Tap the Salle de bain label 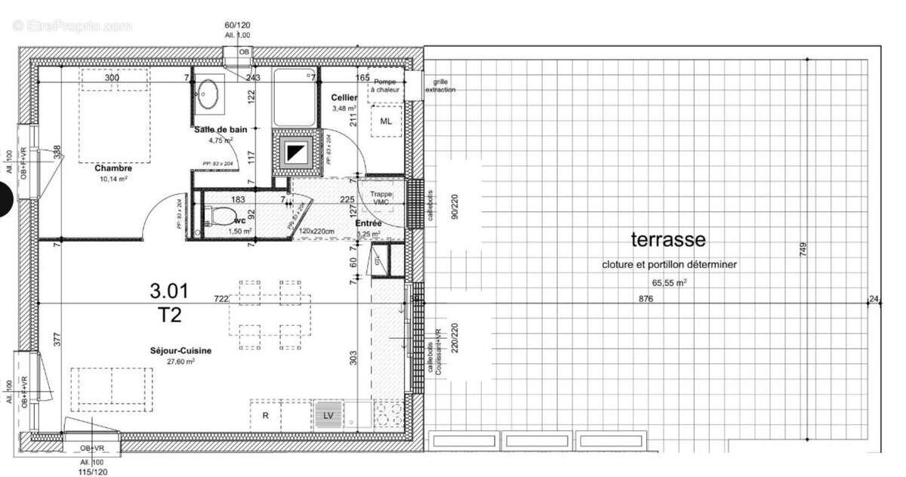(x=220, y=129)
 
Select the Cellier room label (x=344, y=98)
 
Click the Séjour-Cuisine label (x=180, y=351)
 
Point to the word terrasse (x=668, y=240)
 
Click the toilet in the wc (x=219, y=217)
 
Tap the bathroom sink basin (x=208, y=94)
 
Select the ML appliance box (x=387, y=122)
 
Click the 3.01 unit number (x=169, y=290)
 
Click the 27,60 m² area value (x=181, y=362)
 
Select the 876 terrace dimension (x=645, y=299)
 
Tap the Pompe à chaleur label (x=385, y=85)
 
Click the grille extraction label (x=440, y=85)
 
